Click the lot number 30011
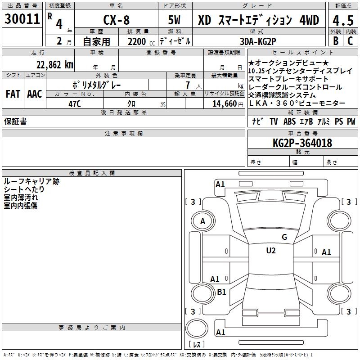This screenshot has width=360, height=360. click(x=22, y=19)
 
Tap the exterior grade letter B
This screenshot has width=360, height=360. click(x=336, y=41)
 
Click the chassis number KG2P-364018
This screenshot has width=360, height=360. click(x=302, y=143)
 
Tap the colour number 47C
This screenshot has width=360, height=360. click(x=74, y=103)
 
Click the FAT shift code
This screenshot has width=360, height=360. click(x=13, y=94)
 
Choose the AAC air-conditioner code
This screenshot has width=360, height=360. click(x=34, y=94)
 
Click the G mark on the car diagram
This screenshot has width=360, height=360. click(x=284, y=237)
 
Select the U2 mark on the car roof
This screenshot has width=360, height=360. click(x=270, y=251)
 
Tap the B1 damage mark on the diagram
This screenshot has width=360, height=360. click(x=221, y=292)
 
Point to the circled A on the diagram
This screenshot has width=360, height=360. click(x=202, y=221)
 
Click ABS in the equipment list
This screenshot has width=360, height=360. click(x=289, y=121)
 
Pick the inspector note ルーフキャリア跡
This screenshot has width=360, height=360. click(x=31, y=181)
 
